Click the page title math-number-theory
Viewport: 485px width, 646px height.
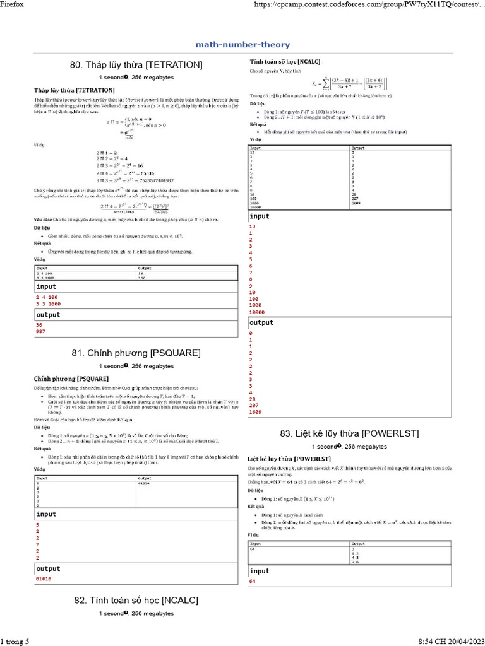(242, 45)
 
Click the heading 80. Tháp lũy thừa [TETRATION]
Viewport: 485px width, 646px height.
(136, 65)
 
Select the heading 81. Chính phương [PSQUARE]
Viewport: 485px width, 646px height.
(136, 353)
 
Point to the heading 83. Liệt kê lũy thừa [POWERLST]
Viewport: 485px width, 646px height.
(350, 433)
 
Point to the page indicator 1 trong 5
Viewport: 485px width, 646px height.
(15, 642)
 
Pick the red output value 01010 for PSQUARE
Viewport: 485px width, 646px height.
(44, 578)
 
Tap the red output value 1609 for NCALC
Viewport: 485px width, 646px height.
(256, 412)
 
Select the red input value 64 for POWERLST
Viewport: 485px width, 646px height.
(253, 581)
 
